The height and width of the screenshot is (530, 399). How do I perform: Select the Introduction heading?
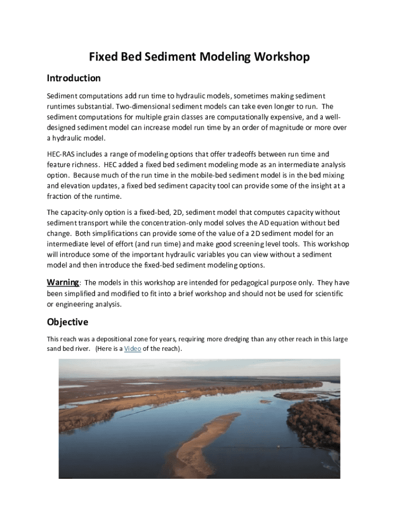[x=74, y=78]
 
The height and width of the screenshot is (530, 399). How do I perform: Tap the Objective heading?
[x=67, y=322]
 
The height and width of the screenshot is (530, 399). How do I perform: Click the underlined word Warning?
[x=63, y=283]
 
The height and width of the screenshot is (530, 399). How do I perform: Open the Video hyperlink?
[x=133, y=349]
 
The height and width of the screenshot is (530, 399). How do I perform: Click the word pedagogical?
[x=232, y=283]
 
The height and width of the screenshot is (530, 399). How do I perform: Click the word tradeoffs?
[x=255, y=154]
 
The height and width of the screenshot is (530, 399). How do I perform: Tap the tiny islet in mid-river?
[x=265, y=401]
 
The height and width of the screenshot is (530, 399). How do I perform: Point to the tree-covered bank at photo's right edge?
[x=316, y=419]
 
